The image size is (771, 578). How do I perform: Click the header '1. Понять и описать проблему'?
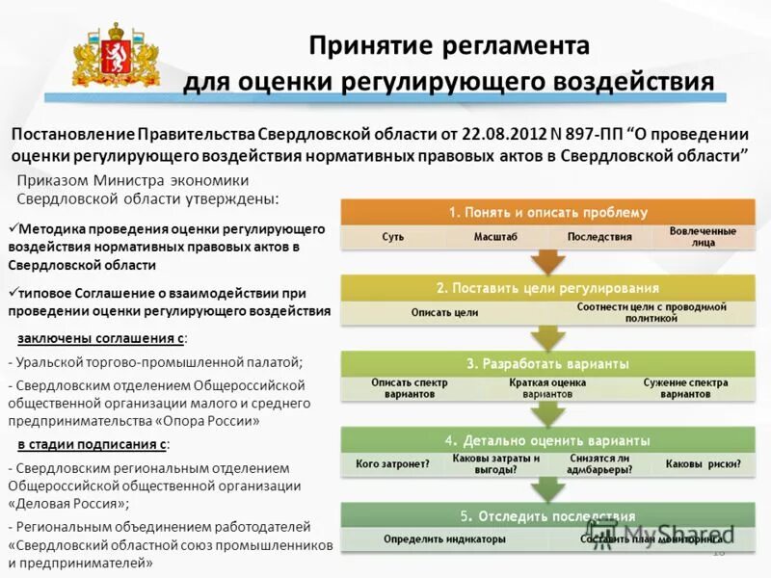pyautogui.click(x=548, y=212)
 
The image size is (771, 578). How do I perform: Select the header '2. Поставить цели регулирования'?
pyautogui.click(x=548, y=287)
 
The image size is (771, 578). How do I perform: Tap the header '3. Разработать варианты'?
pyautogui.click(x=548, y=363)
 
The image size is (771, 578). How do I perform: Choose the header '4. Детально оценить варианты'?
pyautogui.click(x=548, y=439)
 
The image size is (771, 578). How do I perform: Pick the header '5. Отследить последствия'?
pyautogui.click(x=548, y=515)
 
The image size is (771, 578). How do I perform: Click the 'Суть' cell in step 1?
pyautogui.click(x=392, y=236)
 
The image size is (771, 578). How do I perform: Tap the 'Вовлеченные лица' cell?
pyautogui.click(x=703, y=236)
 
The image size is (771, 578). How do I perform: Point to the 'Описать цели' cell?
pyautogui.click(x=444, y=312)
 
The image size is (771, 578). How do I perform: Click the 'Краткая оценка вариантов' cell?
pyautogui.click(x=548, y=388)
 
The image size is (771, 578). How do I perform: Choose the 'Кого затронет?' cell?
pyautogui.click(x=392, y=464)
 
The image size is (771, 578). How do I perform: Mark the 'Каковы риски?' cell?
pyautogui.click(x=703, y=464)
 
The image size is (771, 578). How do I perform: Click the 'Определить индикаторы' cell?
pyautogui.click(x=444, y=539)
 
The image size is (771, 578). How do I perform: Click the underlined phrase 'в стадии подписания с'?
pyautogui.click(x=93, y=444)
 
